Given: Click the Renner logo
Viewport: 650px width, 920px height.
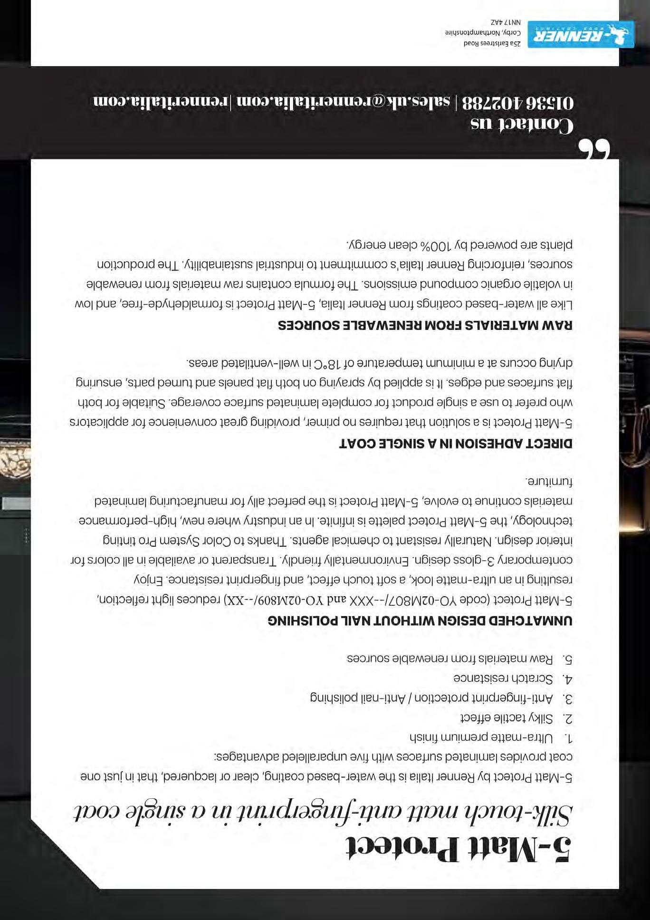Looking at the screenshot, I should pyautogui.click(x=581, y=35).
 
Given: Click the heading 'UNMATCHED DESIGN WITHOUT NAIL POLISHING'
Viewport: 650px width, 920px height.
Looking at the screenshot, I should pyautogui.click(x=420, y=620).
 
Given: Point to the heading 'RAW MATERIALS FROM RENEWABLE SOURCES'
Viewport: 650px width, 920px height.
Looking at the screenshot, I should pyautogui.click(x=425, y=325).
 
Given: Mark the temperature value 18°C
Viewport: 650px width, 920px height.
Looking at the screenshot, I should pyautogui.click(x=326, y=364).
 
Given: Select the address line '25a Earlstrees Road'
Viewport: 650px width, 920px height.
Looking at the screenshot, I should pyautogui.click(x=492, y=43).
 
